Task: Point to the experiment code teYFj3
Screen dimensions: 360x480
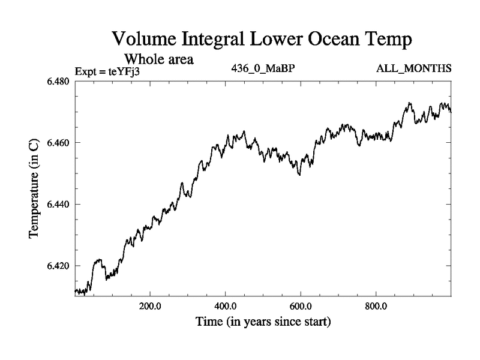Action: [127, 71]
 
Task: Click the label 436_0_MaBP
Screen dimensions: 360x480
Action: [263, 68]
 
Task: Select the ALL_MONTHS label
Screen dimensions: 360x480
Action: [413, 68]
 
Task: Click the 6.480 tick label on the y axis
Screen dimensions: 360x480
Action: [58, 82]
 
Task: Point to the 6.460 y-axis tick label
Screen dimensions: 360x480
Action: [58, 143]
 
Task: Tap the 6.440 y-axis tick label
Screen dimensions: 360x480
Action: [58, 205]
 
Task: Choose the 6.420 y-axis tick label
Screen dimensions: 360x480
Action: [58, 266]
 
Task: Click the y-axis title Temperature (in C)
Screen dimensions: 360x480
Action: [35, 188]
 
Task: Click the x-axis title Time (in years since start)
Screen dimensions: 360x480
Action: [263, 322]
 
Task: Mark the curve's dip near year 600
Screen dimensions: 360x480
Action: [299, 173]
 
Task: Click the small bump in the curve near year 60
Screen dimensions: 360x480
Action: [98, 260]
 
